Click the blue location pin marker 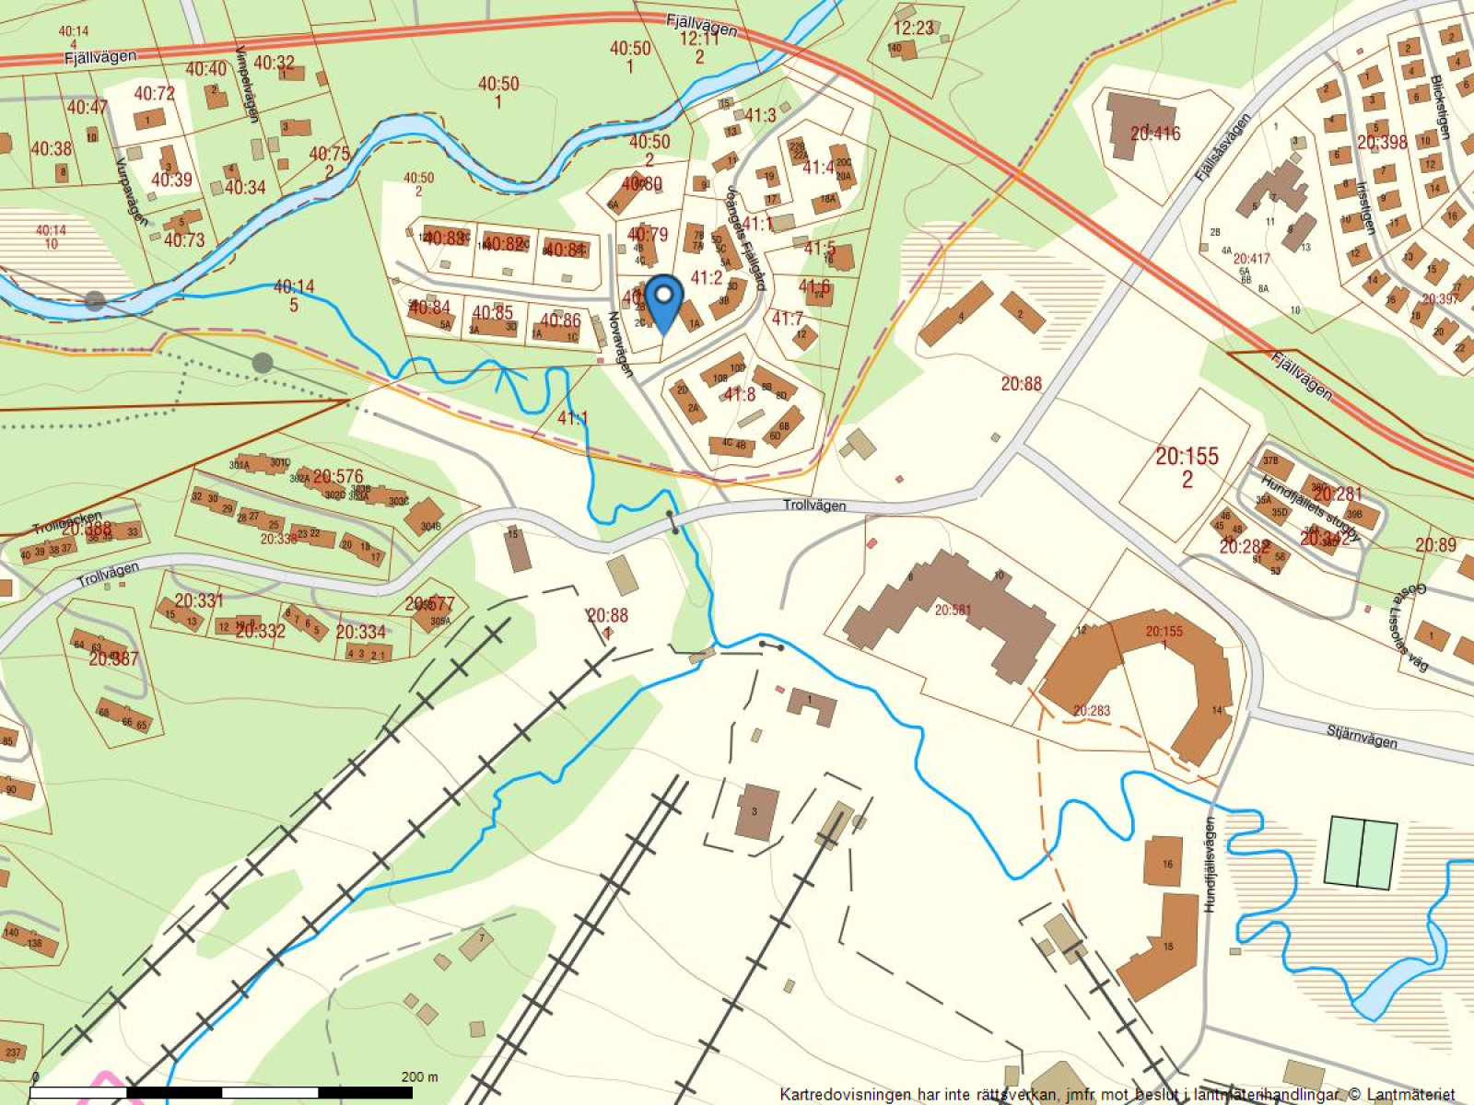click(662, 301)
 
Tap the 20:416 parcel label click(1155, 134)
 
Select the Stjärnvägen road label click(1362, 736)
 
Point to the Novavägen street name click(619, 343)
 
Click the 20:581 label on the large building click(953, 610)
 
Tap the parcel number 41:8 click(739, 394)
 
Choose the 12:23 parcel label click(913, 29)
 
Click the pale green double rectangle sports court click(1361, 853)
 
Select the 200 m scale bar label click(419, 1076)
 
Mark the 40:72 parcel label click(154, 93)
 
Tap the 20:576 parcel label click(338, 476)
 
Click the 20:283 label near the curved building click(1092, 711)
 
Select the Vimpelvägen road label click(247, 84)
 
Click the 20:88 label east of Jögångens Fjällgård click(1021, 383)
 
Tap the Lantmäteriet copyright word click(1409, 1095)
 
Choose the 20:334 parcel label click(360, 632)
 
